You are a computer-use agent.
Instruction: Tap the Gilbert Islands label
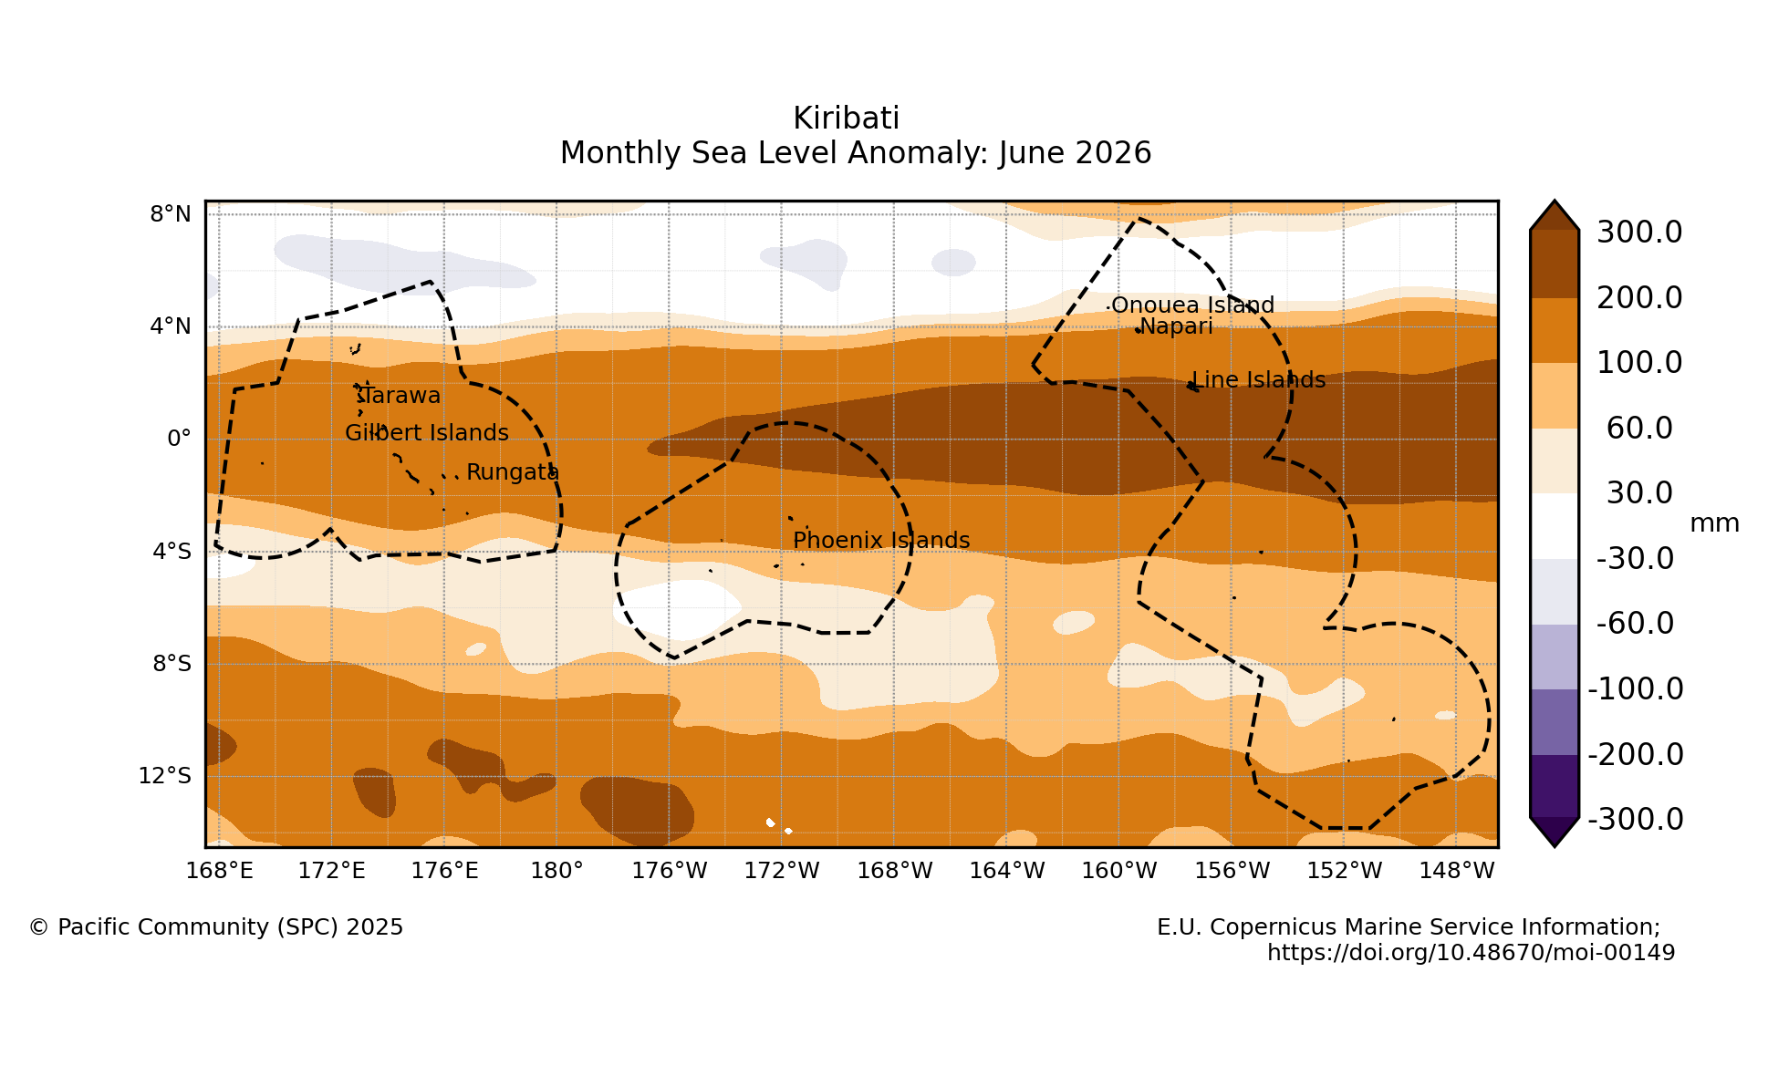point(427,433)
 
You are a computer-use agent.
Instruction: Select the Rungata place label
point(513,472)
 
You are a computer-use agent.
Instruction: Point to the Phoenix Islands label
point(881,540)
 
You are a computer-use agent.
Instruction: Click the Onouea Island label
point(1192,305)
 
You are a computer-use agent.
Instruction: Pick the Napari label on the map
point(1176,326)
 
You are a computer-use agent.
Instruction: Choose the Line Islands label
point(1259,380)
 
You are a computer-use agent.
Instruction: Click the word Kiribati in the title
point(847,119)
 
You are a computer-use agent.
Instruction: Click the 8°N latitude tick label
point(171,214)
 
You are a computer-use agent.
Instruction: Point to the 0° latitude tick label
point(179,439)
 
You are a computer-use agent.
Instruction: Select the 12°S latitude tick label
point(165,776)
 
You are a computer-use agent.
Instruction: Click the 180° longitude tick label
point(556,871)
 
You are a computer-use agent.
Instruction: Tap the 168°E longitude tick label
point(220,871)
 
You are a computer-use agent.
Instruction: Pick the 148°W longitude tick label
point(1457,871)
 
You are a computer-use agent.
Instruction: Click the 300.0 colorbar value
point(1639,233)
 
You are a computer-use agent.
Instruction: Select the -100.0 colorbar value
point(1636,689)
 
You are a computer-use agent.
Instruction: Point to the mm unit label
point(1714,523)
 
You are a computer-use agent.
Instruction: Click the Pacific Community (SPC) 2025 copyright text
point(216,927)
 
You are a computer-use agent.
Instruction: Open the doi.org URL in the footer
point(1471,953)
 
